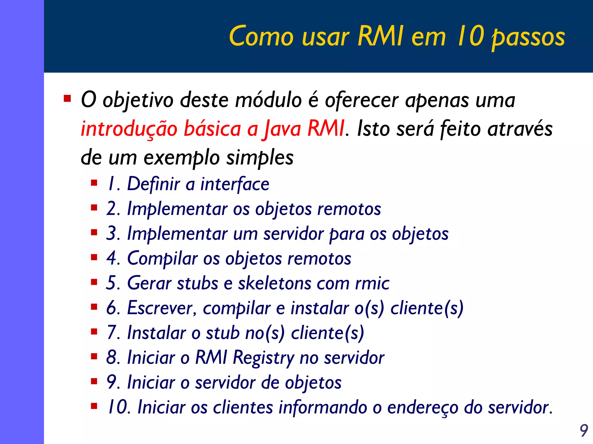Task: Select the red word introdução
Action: point(129,129)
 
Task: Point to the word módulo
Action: point(268,100)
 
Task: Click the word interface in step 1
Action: point(235,184)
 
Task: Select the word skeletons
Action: point(274,283)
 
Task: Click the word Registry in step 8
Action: point(263,358)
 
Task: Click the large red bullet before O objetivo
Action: point(67,99)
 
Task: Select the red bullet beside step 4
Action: point(94,258)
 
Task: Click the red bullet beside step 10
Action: point(94,406)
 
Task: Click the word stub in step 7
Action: point(222,333)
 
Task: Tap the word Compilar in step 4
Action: point(162,258)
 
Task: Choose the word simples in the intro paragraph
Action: point(260,158)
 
